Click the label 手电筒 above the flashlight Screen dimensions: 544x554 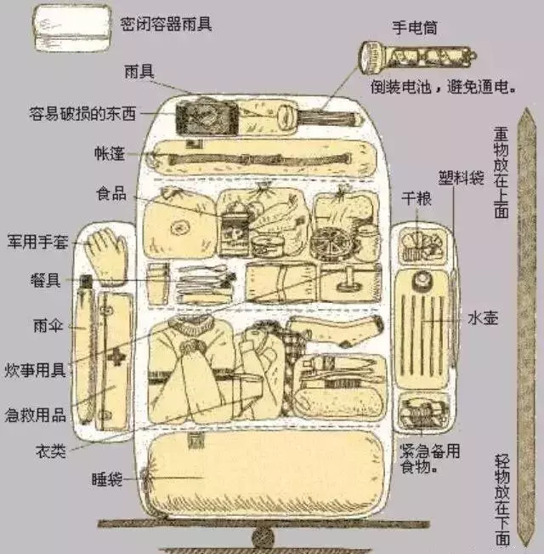click(x=415, y=27)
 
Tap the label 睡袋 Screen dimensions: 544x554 click(x=107, y=479)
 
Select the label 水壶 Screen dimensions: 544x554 click(x=483, y=318)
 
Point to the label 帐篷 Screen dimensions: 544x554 click(x=110, y=154)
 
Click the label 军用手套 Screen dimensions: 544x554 click(x=37, y=242)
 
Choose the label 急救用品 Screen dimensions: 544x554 click(x=36, y=414)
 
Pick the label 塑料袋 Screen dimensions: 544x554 click(x=461, y=178)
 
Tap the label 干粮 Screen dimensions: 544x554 click(x=416, y=198)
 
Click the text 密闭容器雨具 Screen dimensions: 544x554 click(x=166, y=24)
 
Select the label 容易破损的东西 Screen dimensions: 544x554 click(x=82, y=113)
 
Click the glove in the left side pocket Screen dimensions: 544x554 click(x=106, y=256)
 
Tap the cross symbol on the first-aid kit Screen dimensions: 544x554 click(x=116, y=357)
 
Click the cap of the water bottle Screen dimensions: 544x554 click(x=422, y=278)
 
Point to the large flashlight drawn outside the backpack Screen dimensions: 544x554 click(x=417, y=57)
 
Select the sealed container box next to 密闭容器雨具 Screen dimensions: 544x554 click(x=72, y=28)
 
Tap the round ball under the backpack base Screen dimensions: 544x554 click(x=263, y=538)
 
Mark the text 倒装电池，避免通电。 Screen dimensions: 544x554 click(x=443, y=86)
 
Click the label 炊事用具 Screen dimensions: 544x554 click(x=36, y=370)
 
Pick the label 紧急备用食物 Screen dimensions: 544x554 click(x=430, y=458)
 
